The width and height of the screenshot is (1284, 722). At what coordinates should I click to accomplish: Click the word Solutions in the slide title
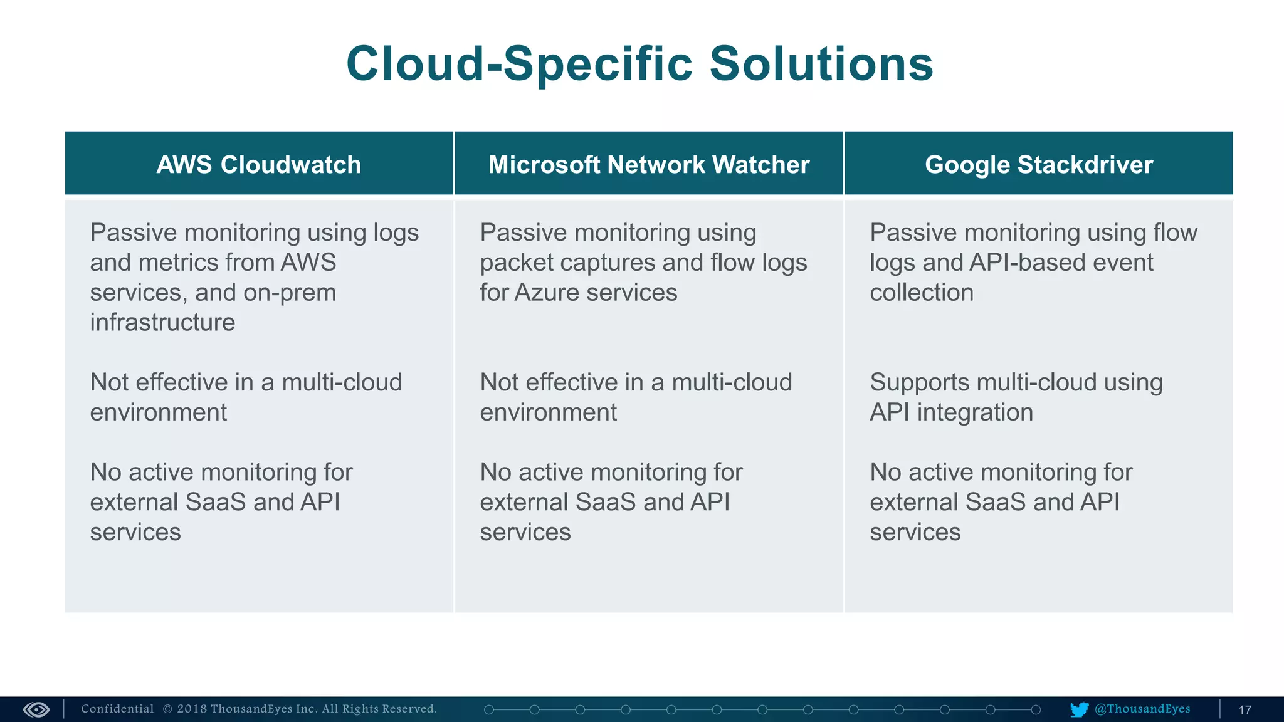coord(821,64)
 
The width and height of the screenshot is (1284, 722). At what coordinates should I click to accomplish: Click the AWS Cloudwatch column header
coord(258,165)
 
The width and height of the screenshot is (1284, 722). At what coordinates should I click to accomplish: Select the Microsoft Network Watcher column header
coord(649,165)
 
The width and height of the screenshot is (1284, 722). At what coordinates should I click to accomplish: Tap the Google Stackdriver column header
coord(1039,165)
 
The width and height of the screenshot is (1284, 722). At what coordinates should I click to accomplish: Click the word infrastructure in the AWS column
coord(162,322)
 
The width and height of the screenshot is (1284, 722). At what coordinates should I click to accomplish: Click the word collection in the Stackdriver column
coord(922,293)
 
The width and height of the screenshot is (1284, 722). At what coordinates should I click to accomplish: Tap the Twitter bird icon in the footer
coord(1079,709)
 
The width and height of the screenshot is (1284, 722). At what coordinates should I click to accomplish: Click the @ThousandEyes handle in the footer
coord(1142,709)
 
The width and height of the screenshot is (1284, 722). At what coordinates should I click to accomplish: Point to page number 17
coord(1245,710)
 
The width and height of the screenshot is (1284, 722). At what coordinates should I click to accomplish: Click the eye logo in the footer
coord(36,709)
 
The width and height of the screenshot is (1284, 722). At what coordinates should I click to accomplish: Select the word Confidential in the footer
coord(117,709)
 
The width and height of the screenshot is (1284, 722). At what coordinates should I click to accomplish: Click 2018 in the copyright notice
coord(191,709)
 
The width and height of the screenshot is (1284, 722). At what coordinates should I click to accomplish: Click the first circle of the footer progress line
coord(489,709)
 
